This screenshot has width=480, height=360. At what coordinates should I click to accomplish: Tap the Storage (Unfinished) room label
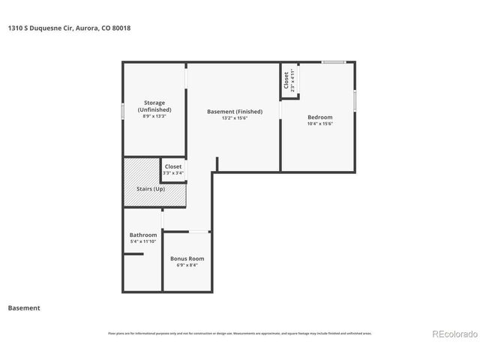tap(154, 106)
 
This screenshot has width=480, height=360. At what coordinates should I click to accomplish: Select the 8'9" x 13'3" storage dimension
tap(154, 116)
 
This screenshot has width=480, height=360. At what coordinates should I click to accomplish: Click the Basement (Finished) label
tap(234, 111)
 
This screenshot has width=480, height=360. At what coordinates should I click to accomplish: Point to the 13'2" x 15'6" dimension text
tap(234, 118)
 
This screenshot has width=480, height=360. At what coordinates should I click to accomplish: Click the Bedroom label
tap(319, 117)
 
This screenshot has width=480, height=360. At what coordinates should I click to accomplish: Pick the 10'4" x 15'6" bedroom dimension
tap(319, 124)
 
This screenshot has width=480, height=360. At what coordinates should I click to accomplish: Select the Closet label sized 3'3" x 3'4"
tap(173, 166)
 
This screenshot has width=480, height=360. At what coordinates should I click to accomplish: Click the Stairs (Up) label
tap(149, 188)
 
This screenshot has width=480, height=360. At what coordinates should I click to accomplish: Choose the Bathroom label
tap(143, 235)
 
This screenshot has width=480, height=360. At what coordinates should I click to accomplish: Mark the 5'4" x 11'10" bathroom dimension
tap(143, 241)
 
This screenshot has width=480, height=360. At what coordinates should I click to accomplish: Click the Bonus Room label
tap(187, 258)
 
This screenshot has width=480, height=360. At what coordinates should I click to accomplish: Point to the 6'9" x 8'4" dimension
tap(187, 265)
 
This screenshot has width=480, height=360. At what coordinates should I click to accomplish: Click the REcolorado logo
tap(454, 334)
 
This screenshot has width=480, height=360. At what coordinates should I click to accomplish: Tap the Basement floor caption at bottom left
tap(24, 307)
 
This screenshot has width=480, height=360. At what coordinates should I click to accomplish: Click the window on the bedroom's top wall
tap(334, 62)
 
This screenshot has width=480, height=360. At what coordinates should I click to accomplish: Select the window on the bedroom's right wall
tap(355, 100)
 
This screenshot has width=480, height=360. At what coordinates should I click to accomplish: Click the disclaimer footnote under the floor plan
tap(239, 333)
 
